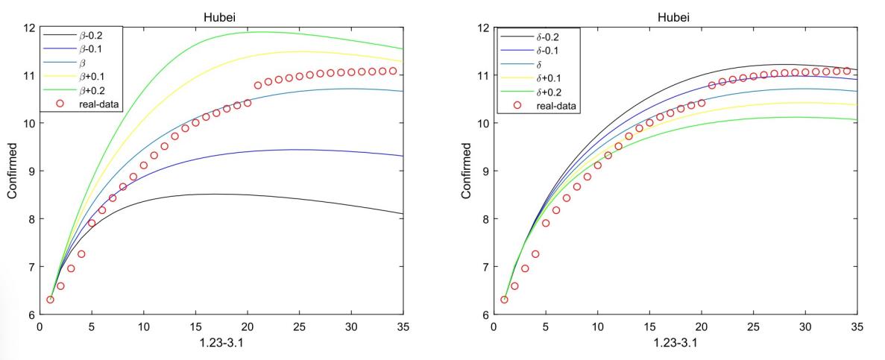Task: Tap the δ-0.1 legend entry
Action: pyautogui.click(x=542, y=50)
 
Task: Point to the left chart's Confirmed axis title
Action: pyautogui.click(x=13, y=171)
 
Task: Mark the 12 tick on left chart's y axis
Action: pyautogui.click(x=31, y=28)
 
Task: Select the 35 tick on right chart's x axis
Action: pyautogui.click(x=857, y=326)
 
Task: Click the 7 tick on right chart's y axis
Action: pyautogui.click(x=485, y=266)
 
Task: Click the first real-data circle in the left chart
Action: pyautogui.click(x=51, y=300)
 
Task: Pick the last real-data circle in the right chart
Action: pyautogui.click(x=846, y=71)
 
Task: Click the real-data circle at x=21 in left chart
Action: pyautogui.click(x=258, y=85)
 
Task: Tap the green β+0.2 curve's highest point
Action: pyautogui.click(x=261, y=31)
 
